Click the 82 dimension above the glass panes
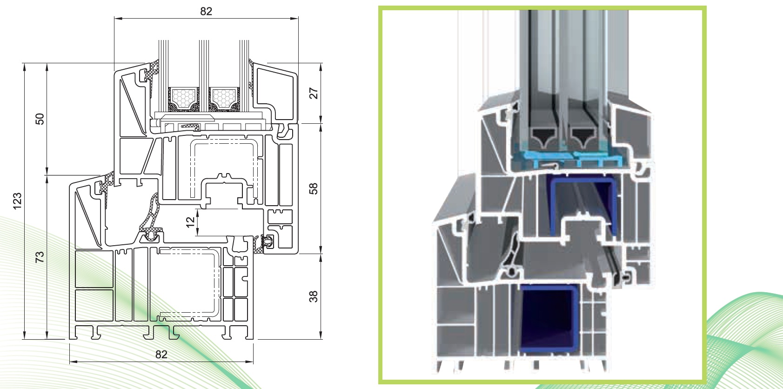point(206,11)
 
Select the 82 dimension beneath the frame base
point(161,355)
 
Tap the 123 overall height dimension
point(17,201)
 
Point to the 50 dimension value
point(40,119)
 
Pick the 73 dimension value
point(40,257)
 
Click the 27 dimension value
point(314,94)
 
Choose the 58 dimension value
point(314,189)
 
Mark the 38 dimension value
point(314,296)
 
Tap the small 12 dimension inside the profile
point(190,222)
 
